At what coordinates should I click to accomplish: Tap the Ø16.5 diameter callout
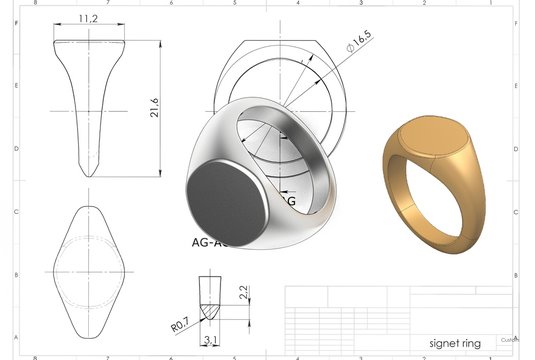point(357,40)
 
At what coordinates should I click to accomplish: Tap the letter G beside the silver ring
point(291,202)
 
